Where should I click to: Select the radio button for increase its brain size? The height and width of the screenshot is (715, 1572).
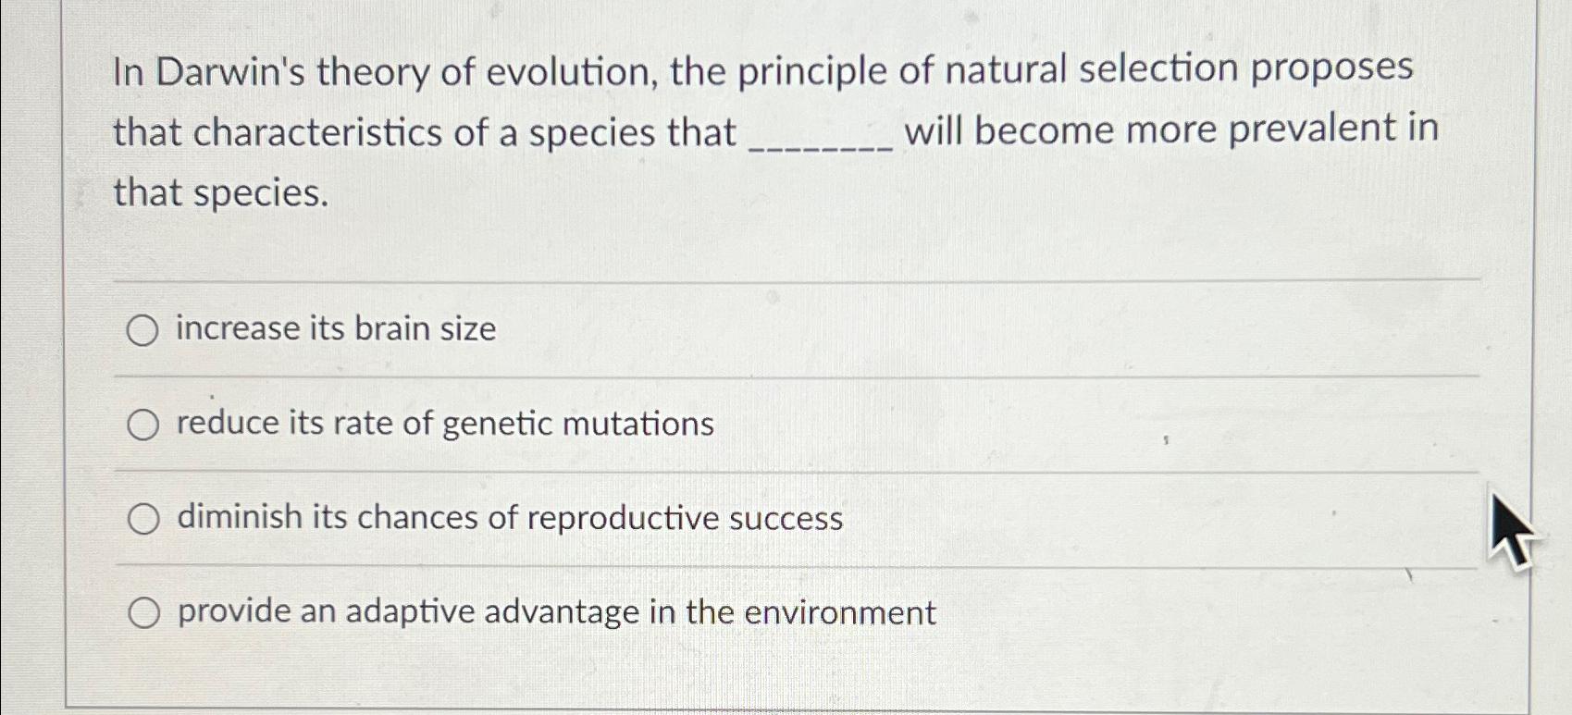(x=142, y=330)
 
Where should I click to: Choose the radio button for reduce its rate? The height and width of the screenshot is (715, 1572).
(x=142, y=425)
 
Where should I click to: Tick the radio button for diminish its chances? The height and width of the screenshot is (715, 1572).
(x=143, y=519)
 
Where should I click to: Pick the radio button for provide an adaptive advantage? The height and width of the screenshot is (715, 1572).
(x=143, y=612)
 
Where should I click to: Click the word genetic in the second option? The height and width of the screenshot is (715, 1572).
(x=498, y=424)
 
